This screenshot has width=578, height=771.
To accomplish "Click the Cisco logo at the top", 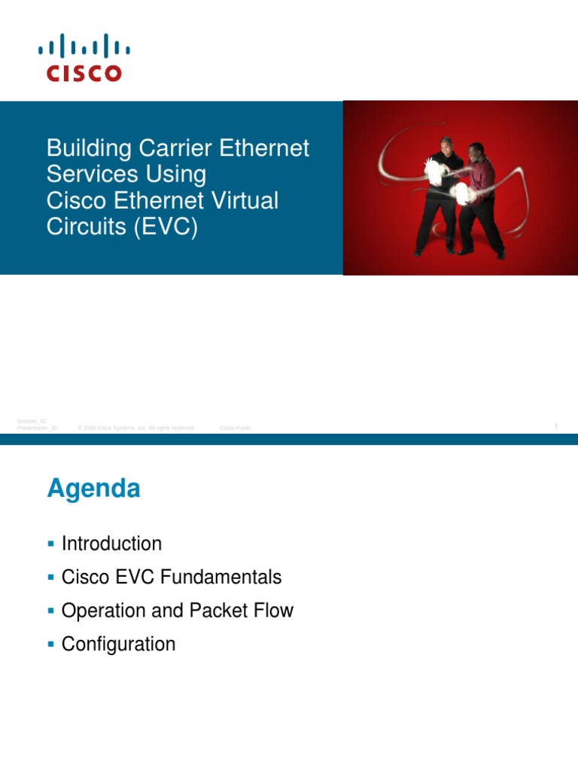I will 84,57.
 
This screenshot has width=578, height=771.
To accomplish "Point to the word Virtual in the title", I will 242,200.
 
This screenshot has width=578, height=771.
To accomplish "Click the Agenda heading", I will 93,489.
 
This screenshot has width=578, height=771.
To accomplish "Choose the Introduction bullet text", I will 111,544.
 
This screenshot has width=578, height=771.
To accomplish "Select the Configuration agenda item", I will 118,644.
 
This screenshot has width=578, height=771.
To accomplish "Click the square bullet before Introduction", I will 50,544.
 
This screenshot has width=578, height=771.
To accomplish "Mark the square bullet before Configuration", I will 50,644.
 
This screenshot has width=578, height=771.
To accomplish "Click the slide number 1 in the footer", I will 555,427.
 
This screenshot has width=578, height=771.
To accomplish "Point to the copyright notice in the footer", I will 136,428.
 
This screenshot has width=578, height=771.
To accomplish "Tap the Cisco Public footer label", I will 236,428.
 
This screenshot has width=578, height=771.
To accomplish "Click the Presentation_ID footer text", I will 37,428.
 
